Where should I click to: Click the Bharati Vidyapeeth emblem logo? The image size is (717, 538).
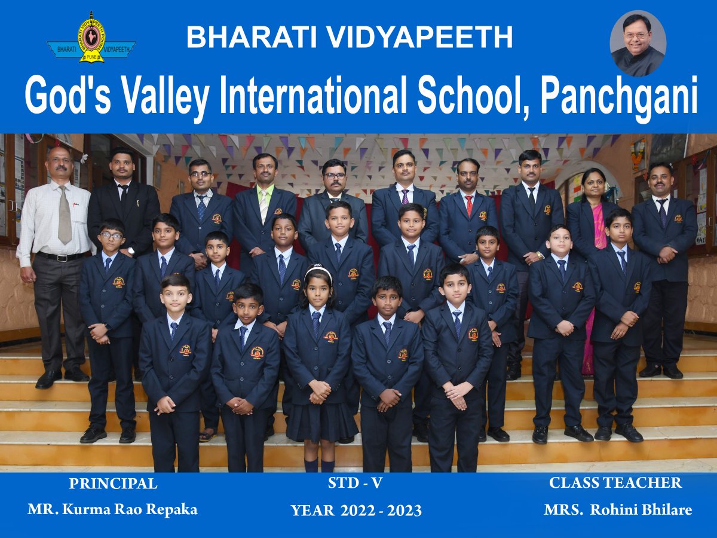coord(91,38)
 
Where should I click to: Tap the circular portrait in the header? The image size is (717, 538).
coord(638,43)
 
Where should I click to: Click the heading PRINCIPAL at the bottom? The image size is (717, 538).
coord(113,484)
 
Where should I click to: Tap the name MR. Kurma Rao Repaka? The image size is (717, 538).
coord(112,509)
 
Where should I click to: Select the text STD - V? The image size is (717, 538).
coord(355,483)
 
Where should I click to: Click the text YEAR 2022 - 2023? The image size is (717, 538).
coord(356,511)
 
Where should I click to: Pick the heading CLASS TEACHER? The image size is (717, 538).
coord(615,483)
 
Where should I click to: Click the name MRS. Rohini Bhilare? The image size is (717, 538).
coord(618,510)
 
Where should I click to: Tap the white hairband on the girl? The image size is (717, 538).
coord(317,272)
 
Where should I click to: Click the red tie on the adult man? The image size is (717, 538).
coord(469,206)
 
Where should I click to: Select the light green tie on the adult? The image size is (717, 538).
coord(264,205)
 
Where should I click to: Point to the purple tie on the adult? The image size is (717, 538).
coord(405,196)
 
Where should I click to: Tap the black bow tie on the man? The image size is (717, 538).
coord(123,187)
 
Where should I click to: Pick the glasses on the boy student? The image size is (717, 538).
coord(112,235)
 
